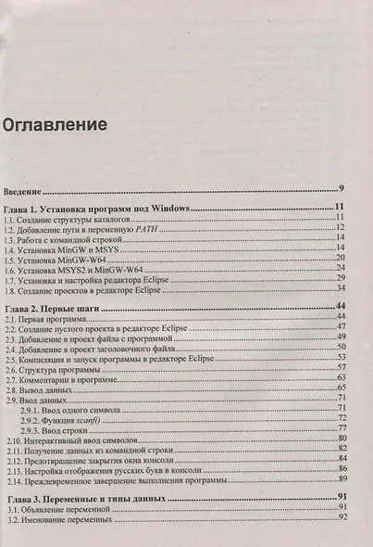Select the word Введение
(26, 189)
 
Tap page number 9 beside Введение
(342, 188)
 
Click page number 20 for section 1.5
(341, 257)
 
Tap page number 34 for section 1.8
(341, 288)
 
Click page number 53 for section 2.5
(341, 357)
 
